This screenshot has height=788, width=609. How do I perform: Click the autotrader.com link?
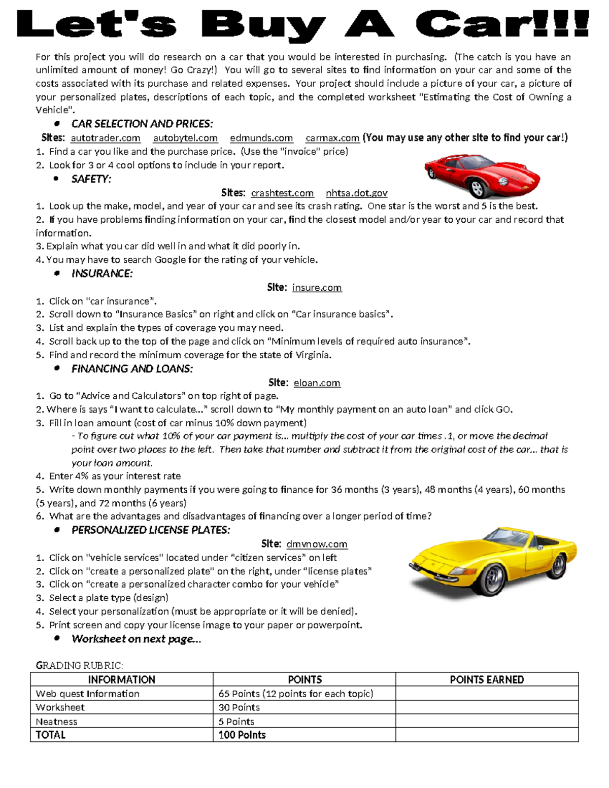click(106, 138)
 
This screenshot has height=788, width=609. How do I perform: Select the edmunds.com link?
click(261, 138)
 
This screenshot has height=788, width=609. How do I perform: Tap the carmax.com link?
click(332, 138)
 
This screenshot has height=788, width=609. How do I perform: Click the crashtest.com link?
click(282, 193)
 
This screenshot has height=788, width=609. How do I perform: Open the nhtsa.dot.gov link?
click(356, 193)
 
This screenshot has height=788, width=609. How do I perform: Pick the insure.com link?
click(317, 288)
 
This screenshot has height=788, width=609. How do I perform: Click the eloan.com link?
click(317, 383)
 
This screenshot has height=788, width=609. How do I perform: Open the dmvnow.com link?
click(317, 544)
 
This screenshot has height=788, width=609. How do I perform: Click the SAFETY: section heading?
click(91, 179)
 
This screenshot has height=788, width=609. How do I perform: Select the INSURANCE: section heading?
click(102, 273)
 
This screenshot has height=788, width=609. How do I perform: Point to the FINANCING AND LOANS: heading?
click(132, 369)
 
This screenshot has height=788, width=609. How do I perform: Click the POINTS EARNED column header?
click(487, 679)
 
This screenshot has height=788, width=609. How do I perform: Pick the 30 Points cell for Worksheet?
click(239, 707)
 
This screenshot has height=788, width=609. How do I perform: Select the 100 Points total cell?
click(242, 735)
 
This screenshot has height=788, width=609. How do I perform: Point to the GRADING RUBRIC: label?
click(79, 665)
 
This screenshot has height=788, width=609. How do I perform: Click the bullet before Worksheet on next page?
click(57, 638)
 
